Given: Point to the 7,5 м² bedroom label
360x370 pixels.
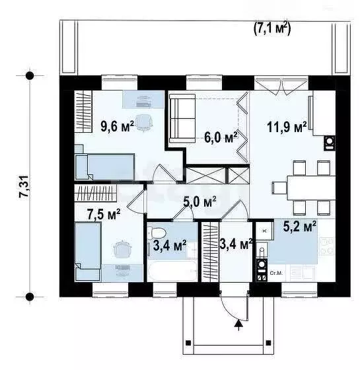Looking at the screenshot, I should click(104, 213).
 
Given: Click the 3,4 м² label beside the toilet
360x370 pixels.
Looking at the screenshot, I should click(169, 246).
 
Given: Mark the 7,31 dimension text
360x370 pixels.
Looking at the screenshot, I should click(24, 187).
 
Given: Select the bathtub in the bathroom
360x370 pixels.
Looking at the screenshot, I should click(172, 272).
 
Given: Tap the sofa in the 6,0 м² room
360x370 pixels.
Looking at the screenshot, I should click(182, 119).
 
